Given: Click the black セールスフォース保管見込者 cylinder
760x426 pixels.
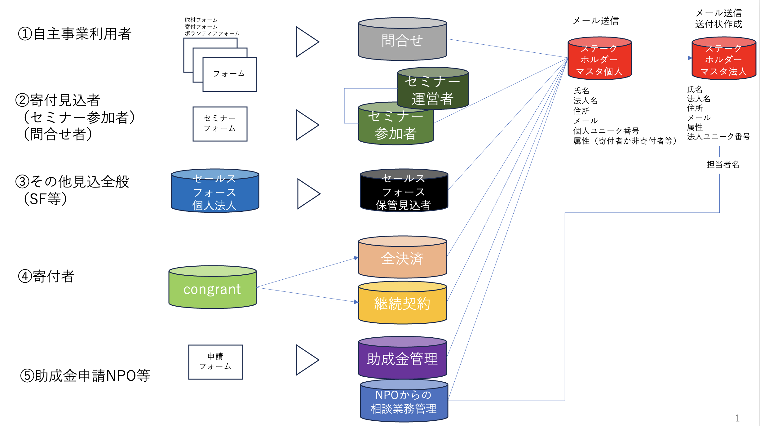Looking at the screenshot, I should [404, 192].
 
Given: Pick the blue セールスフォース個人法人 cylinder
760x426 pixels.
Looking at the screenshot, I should [215, 192].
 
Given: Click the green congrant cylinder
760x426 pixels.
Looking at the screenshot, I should [212, 288].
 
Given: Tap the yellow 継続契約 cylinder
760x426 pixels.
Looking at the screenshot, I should [402, 304].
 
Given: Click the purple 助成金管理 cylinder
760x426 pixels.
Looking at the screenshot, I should [402, 359].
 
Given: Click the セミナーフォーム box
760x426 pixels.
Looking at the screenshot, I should [220, 124].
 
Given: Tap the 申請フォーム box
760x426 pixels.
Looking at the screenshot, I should [215, 362].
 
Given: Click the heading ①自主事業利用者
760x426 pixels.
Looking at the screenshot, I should [75, 34].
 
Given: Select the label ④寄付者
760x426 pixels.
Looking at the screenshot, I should [46, 276].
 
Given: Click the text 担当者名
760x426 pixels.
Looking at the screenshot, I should [723, 164].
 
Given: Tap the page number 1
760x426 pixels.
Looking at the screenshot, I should [737, 418].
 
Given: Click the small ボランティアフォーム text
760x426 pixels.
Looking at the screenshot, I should [212, 33].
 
